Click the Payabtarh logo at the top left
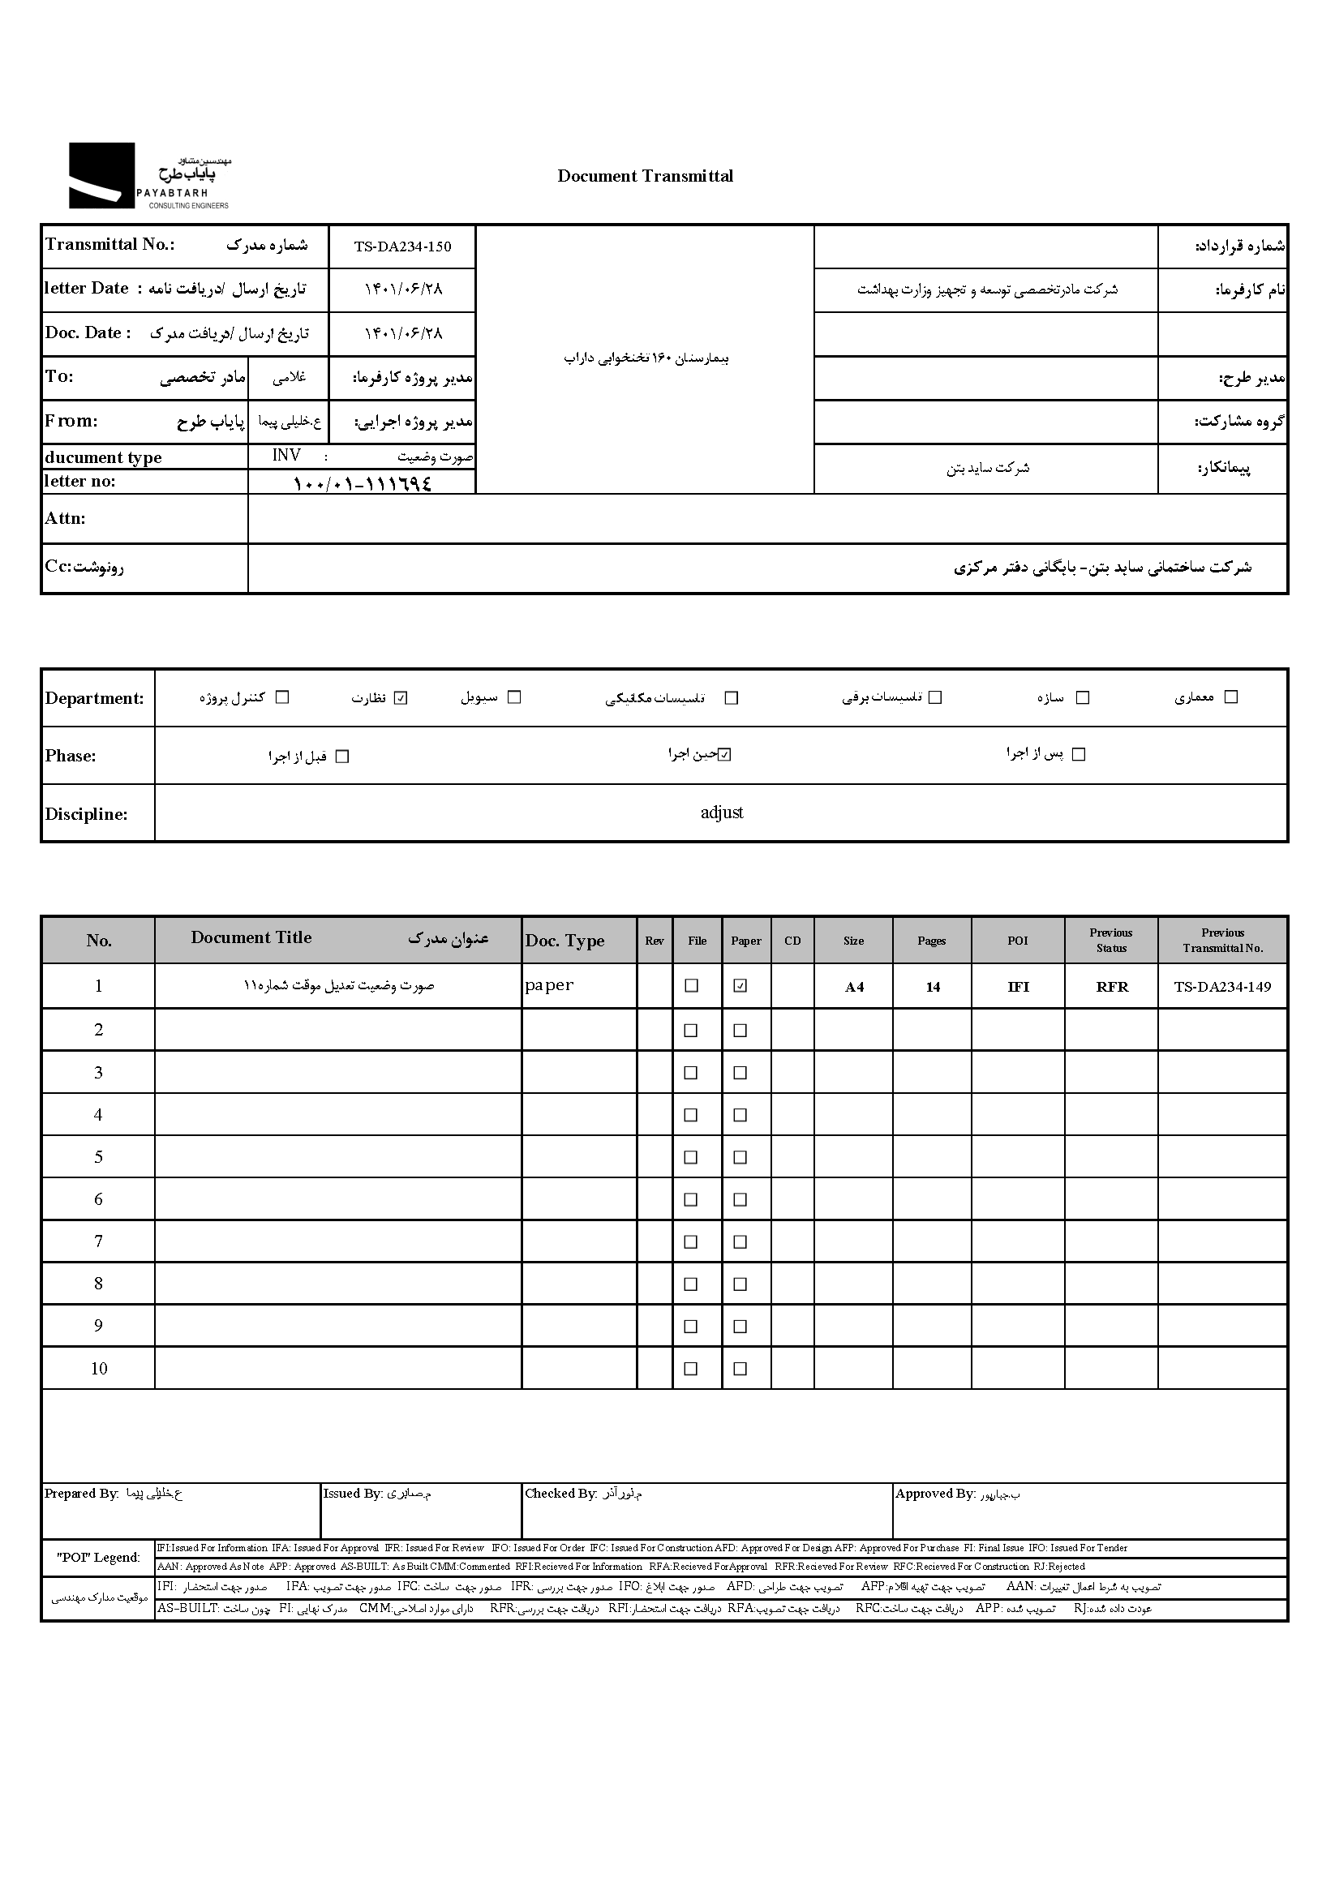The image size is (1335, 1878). tap(148, 176)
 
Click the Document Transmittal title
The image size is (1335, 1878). tap(645, 176)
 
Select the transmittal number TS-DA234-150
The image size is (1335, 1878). tap(402, 247)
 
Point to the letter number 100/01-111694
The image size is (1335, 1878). tap(362, 483)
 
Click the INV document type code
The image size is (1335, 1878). tap(286, 456)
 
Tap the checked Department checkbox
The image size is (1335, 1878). tap(401, 698)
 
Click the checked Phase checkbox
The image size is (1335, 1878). tap(724, 754)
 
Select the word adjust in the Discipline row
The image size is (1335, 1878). tap(721, 813)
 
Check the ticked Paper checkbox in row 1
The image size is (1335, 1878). tap(740, 985)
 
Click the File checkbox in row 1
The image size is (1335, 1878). tap(691, 985)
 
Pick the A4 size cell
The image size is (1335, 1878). tap(854, 987)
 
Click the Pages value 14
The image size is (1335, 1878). tap(932, 987)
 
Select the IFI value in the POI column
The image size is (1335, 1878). tap(1018, 987)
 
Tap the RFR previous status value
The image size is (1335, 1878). tap(1111, 987)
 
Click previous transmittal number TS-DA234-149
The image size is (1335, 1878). tap(1221, 987)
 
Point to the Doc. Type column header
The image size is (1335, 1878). tap(564, 941)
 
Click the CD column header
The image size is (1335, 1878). tap(792, 941)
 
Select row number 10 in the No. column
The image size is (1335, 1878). tap(99, 1369)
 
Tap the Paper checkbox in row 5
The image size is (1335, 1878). tap(740, 1157)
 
